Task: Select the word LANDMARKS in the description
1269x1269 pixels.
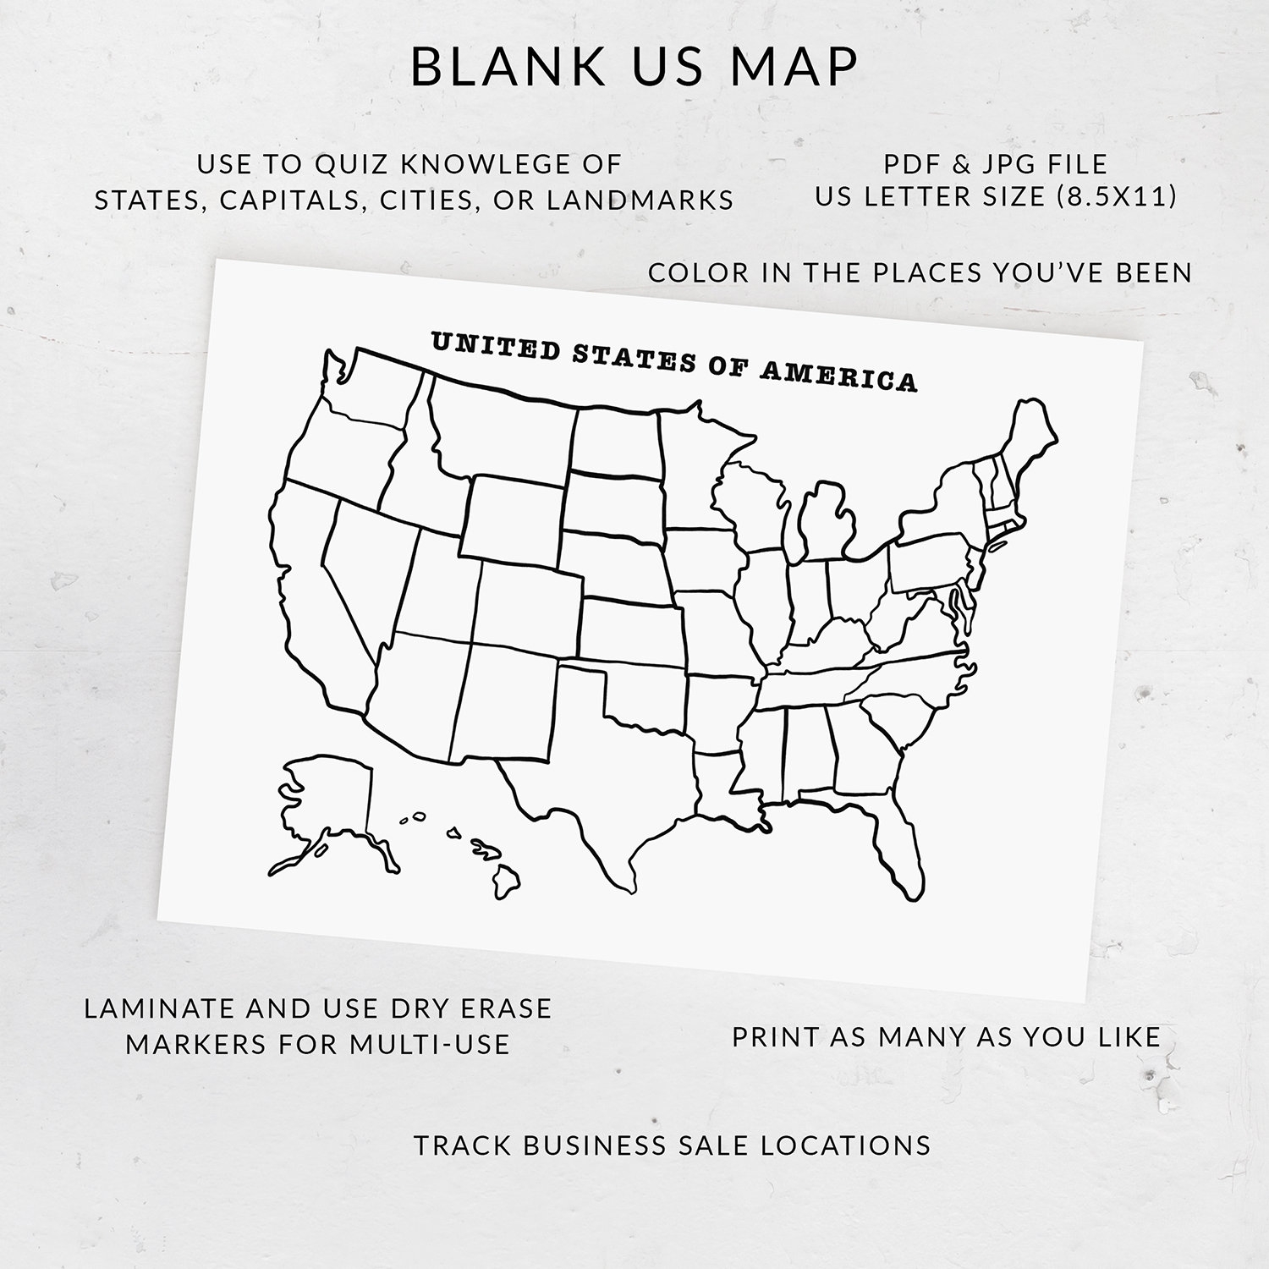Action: pyautogui.click(x=640, y=200)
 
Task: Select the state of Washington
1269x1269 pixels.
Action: pyautogui.click(x=372, y=385)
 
